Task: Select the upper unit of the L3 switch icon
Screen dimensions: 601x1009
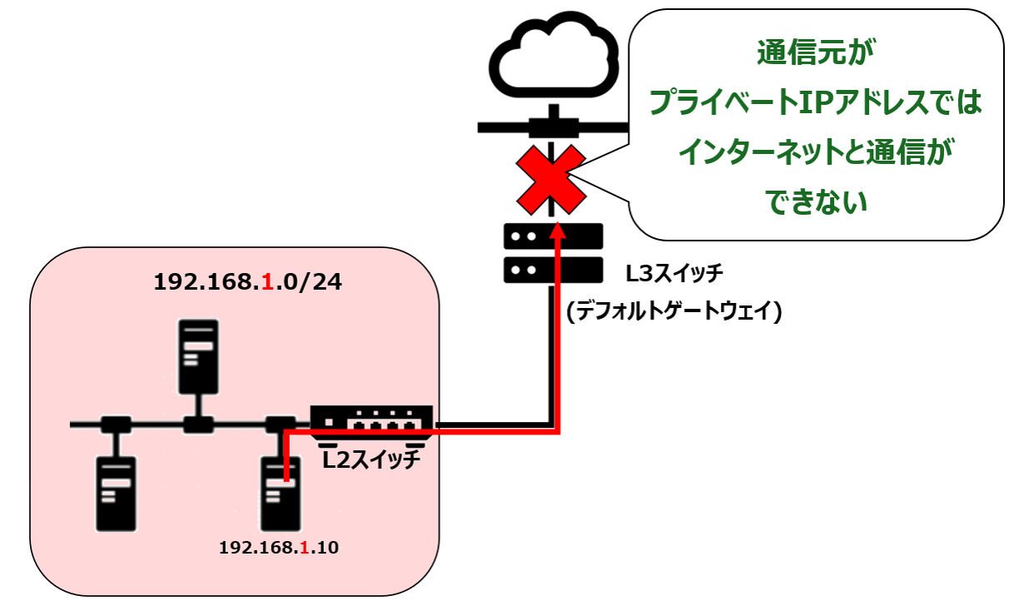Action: (x=553, y=236)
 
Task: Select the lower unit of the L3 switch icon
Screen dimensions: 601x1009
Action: (x=553, y=270)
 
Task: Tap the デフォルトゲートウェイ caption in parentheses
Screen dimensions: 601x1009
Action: (x=674, y=313)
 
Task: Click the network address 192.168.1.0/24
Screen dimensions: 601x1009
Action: (x=248, y=282)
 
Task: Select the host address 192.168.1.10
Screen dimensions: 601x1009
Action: (x=280, y=548)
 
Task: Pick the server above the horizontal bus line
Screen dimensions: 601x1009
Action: (x=199, y=356)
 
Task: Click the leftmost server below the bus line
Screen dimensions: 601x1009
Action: (x=113, y=493)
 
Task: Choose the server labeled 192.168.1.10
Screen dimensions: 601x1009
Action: (x=280, y=493)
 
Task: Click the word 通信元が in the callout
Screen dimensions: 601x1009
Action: (x=816, y=54)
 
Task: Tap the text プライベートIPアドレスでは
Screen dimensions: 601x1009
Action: (x=816, y=103)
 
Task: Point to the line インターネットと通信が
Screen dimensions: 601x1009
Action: (x=816, y=152)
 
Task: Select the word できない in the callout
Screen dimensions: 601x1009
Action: (x=816, y=202)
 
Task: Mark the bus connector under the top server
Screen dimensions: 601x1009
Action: (x=198, y=425)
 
